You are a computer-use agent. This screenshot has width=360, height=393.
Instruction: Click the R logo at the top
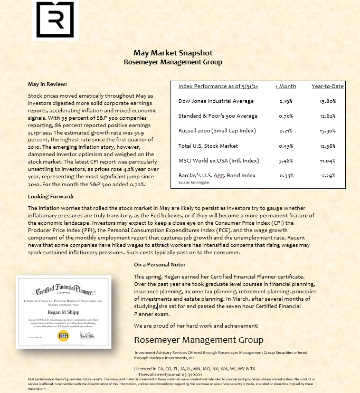[x=55, y=20]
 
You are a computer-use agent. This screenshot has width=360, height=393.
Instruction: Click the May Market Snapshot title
[x=173, y=53]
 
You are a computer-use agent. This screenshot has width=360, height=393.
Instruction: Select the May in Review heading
[x=47, y=84]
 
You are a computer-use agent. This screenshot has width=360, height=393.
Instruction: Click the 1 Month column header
[x=286, y=87]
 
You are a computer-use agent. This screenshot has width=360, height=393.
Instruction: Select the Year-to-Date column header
[x=327, y=87]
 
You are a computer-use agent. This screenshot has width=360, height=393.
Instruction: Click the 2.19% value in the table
[x=286, y=101]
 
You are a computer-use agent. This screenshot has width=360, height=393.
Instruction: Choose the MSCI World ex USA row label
[x=218, y=160]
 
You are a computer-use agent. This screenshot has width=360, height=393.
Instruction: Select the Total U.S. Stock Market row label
[x=208, y=146]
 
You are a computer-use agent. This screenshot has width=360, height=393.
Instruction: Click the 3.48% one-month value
[x=286, y=160]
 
